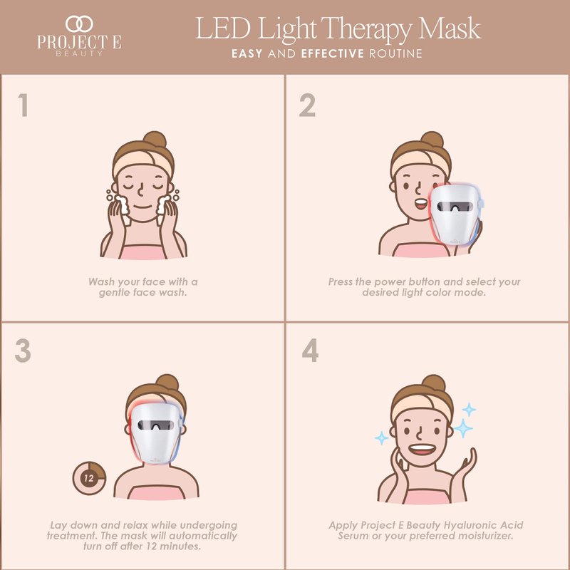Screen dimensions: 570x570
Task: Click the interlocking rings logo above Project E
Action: coord(79,24)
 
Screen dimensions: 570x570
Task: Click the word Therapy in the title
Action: coord(366,29)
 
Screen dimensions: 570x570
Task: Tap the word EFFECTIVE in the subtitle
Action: coord(332,54)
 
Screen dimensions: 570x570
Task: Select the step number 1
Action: coord(24,105)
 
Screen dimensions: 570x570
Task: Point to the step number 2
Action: coord(307,105)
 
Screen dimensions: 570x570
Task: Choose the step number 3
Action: coord(23,351)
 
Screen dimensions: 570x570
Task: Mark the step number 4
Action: coord(310,350)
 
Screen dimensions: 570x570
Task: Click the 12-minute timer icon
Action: coord(89,478)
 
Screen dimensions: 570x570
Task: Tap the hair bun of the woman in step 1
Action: coord(155,139)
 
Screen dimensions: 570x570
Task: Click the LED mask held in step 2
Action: coord(456,214)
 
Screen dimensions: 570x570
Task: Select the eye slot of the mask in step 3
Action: coord(155,425)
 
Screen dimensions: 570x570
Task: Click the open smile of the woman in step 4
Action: coord(422,450)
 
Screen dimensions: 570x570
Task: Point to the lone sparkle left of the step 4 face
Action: coord(381,437)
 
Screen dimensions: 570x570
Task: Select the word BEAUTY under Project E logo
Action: coord(79,53)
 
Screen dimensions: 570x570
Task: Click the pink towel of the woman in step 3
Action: coord(156,492)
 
